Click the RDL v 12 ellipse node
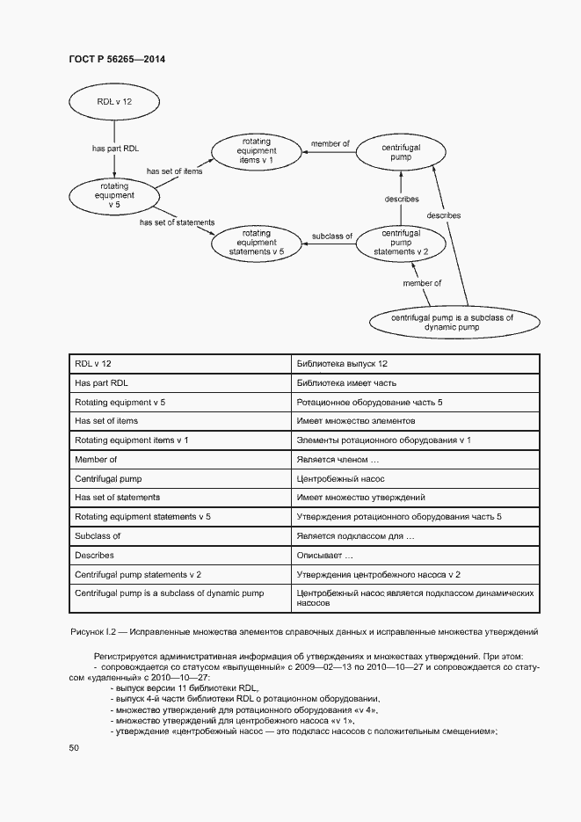(114, 102)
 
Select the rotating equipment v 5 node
(117, 196)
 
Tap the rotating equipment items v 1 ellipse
(256, 151)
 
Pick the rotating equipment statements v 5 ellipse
(256, 243)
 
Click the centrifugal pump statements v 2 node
(401, 243)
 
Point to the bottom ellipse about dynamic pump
(452, 322)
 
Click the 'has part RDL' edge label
(116, 149)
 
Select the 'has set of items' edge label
(174, 171)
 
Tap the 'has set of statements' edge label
(177, 222)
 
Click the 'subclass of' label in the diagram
(332, 236)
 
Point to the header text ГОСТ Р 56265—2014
(116, 59)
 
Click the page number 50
(74, 747)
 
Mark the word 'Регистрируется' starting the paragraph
(124, 657)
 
